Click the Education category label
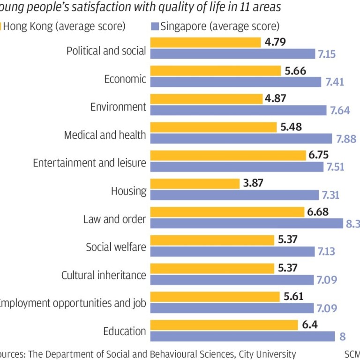point(125,331)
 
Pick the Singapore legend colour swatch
point(155,26)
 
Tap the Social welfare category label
point(116,247)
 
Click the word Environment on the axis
point(118,106)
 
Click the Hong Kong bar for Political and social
point(205,43)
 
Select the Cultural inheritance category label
point(104,275)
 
